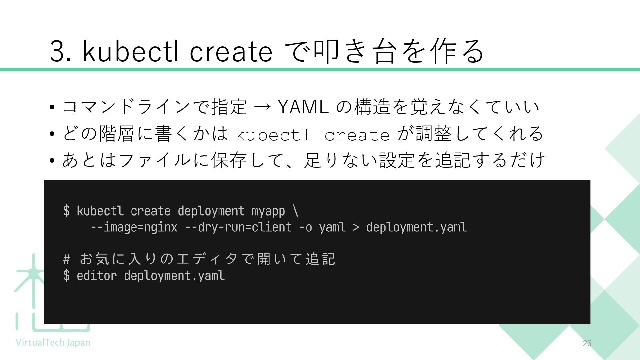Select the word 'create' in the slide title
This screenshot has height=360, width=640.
tap(231, 52)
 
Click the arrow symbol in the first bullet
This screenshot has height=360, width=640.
tap(262, 107)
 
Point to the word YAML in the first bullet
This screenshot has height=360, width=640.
tap(303, 107)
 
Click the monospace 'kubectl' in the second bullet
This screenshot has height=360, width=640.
tap(273, 135)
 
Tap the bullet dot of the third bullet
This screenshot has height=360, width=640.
tap(52, 161)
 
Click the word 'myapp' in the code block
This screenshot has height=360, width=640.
tap(268, 211)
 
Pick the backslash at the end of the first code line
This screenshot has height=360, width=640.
tap(295, 211)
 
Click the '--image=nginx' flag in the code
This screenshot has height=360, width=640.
tap(134, 227)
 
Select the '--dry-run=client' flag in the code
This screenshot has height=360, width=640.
tap(238, 227)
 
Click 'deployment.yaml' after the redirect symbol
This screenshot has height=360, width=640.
tap(416, 227)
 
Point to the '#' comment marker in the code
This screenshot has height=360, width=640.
tap(67, 259)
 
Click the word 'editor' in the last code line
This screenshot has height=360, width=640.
tap(97, 276)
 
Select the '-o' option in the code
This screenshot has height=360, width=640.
tap(305, 227)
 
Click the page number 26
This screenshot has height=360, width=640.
tap(587, 343)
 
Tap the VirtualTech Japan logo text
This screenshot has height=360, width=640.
tap(53, 343)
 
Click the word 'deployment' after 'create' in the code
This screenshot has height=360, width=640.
tap(211, 211)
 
